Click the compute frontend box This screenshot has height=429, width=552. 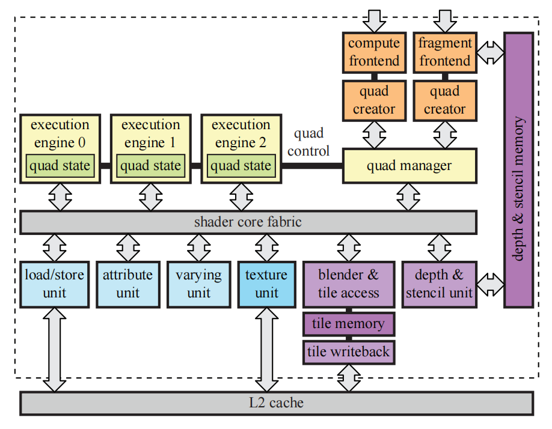click(x=374, y=52)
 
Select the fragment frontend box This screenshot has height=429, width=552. click(x=444, y=52)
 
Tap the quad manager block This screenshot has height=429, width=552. click(x=409, y=165)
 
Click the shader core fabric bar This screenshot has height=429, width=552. click(x=248, y=222)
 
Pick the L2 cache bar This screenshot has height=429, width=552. click(x=277, y=403)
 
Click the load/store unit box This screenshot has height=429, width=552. click(x=54, y=284)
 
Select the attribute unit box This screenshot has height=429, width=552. click(x=127, y=284)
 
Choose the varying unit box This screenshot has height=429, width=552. click(x=198, y=284)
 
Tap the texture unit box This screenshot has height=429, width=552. click(x=266, y=284)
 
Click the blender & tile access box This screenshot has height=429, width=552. click(x=349, y=284)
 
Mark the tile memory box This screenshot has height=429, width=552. click(x=349, y=324)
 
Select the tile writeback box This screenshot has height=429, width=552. click(x=349, y=351)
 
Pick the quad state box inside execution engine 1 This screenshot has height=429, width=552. click(x=150, y=165)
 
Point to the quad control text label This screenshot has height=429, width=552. click(x=308, y=142)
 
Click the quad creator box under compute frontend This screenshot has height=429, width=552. click(x=374, y=100)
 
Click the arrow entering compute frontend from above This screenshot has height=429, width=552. click(x=374, y=20)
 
